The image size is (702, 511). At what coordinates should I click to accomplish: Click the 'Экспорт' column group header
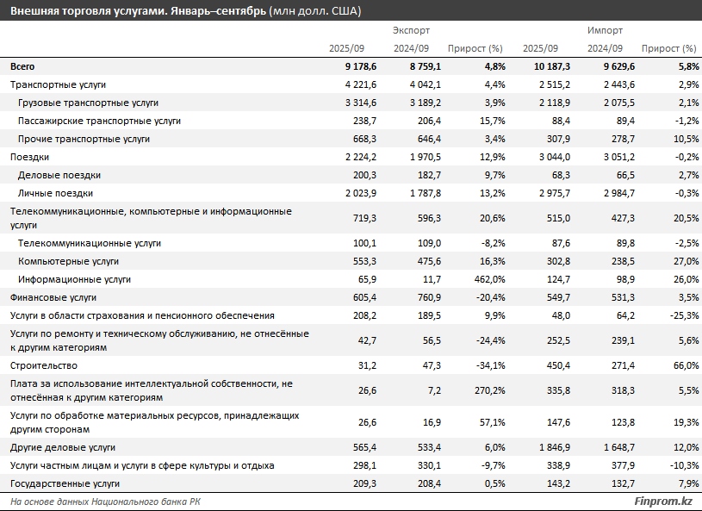coord(412,30)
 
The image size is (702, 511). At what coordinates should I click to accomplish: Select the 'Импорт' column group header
coord(605,30)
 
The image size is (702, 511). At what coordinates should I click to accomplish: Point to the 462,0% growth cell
coord(484,279)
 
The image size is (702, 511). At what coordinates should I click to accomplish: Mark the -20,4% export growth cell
coord(485,297)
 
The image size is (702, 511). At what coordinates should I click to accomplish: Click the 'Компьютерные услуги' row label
coord(68,261)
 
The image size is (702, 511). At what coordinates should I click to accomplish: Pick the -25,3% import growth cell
coord(679,315)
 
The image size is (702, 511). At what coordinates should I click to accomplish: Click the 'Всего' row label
coord(22,66)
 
